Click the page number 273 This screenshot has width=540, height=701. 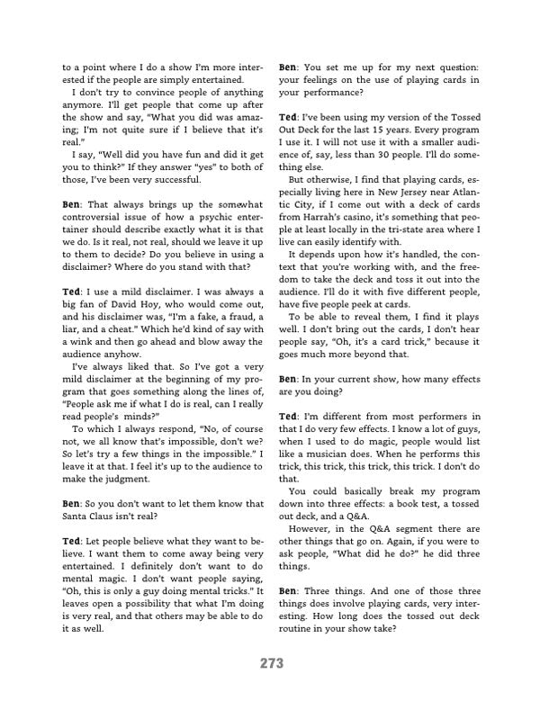tap(270, 664)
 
